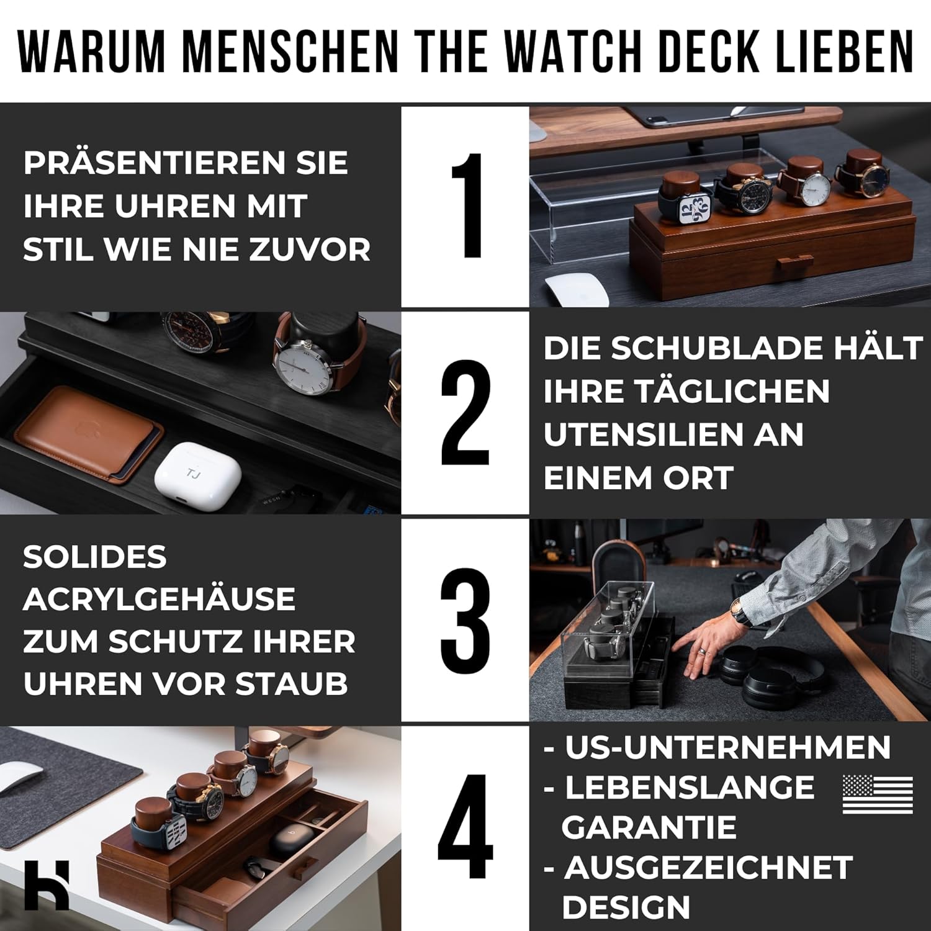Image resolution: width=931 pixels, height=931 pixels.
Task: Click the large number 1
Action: tap(466, 205)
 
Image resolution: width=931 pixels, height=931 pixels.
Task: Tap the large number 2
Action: tap(465, 413)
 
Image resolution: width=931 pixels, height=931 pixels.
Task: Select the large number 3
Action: tap(465, 621)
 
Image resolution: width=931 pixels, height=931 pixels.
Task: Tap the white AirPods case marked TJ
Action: tap(197, 475)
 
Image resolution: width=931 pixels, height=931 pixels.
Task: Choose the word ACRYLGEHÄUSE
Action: tap(159, 599)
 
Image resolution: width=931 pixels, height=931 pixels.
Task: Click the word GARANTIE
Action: tap(649, 827)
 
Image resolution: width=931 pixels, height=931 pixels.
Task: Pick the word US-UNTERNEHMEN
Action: tap(727, 747)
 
